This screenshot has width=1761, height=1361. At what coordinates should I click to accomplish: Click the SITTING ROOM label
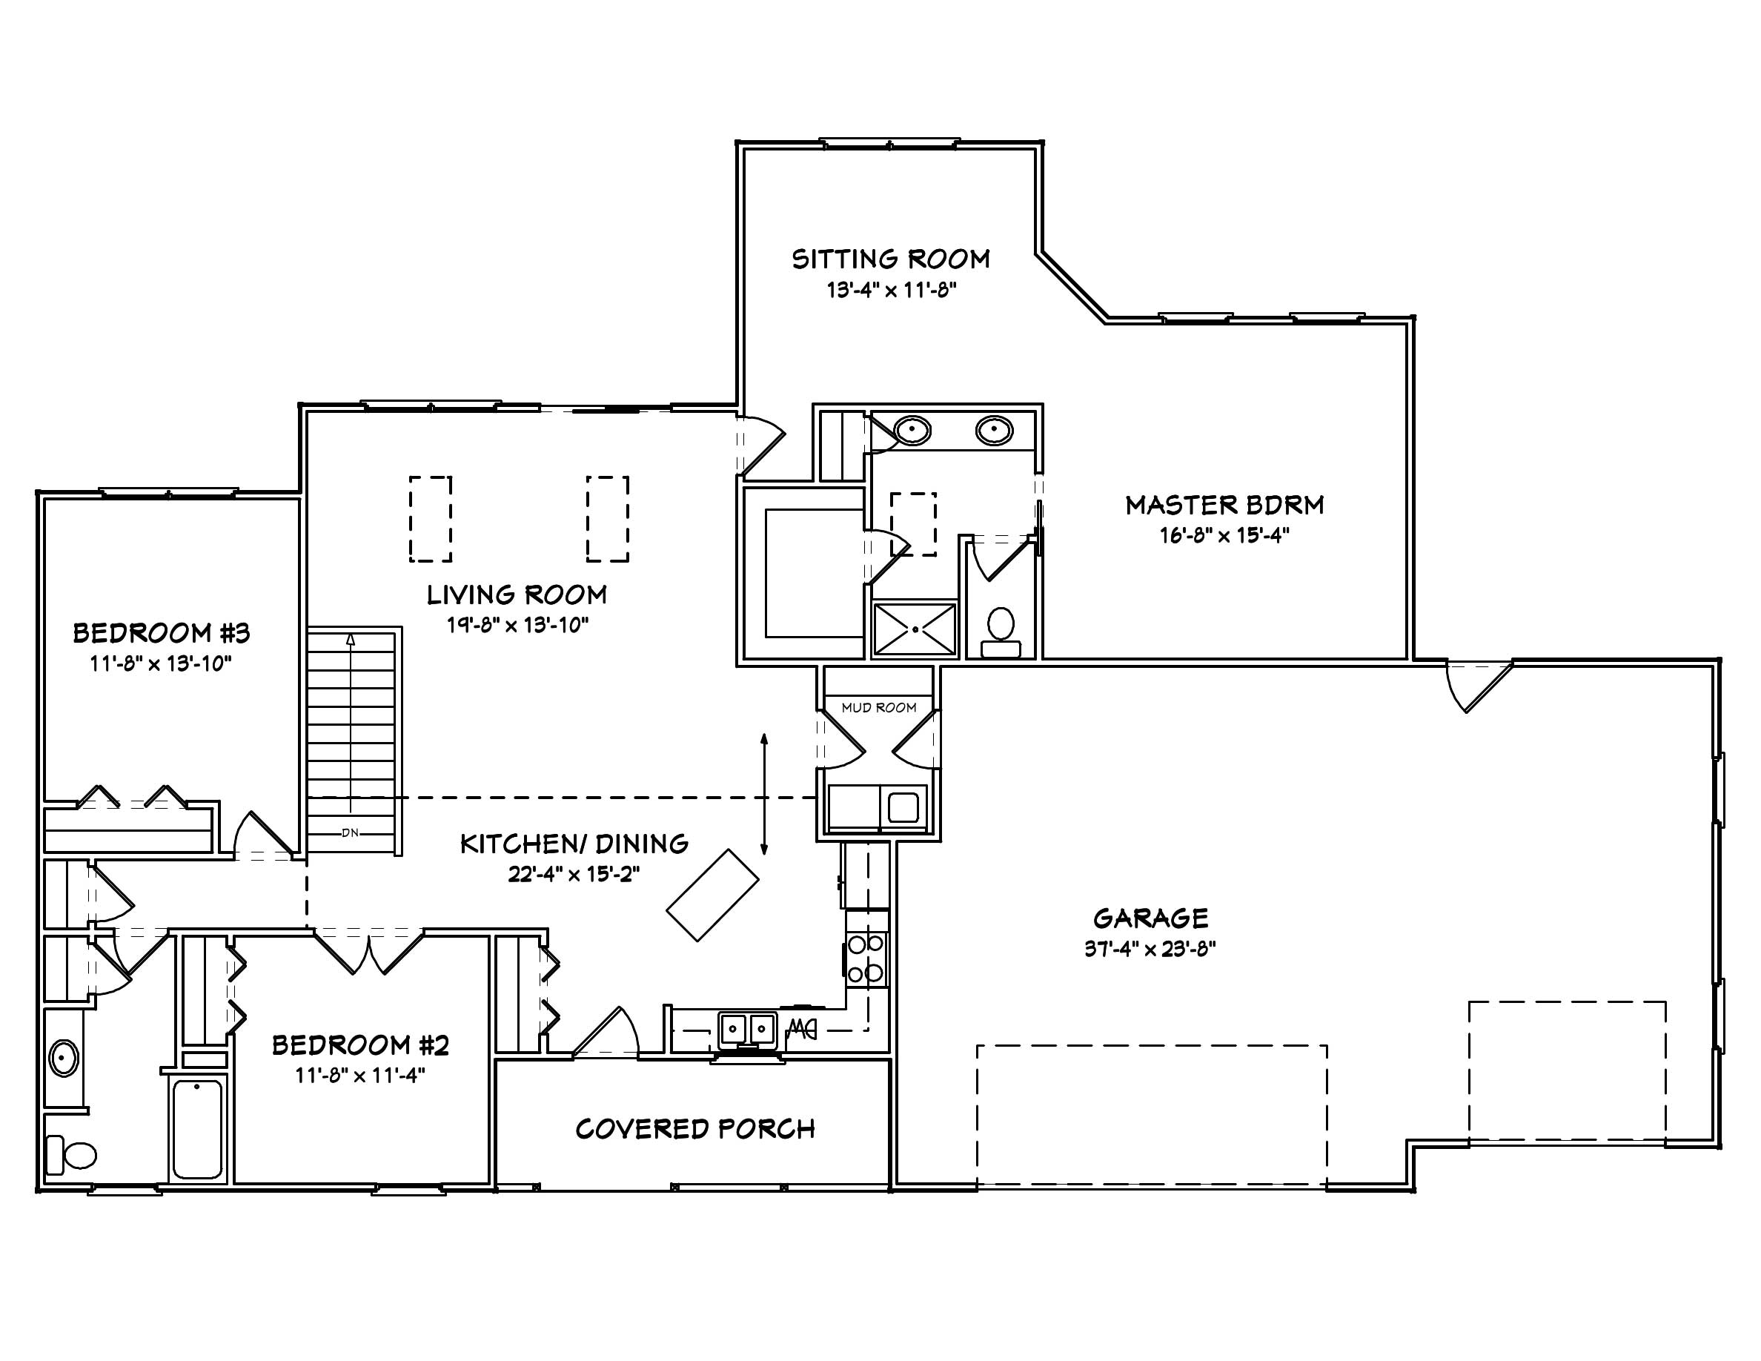click(890, 259)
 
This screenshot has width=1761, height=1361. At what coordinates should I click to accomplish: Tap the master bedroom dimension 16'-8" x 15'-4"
click(1224, 535)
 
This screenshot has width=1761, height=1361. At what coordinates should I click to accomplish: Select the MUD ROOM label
click(879, 708)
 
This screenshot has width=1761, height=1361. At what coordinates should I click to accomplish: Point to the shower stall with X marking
click(915, 628)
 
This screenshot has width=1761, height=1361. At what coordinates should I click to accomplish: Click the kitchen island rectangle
click(712, 895)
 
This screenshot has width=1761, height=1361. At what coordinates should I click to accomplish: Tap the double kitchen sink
click(747, 1029)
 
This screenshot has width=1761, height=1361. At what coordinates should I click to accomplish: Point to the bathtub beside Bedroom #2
click(198, 1129)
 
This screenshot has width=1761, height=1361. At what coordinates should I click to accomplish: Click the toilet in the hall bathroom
click(73, 1155)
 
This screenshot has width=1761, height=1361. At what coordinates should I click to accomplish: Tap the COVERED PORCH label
click(695, 1129)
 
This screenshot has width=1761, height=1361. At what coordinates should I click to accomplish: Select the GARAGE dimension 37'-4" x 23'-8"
click(1150, 948)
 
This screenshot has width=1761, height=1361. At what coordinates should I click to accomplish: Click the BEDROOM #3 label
click(162, 633)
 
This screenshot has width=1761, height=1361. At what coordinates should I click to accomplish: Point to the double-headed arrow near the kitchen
click(764, 793)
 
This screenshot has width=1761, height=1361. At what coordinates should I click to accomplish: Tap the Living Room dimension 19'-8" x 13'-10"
click(517, 625)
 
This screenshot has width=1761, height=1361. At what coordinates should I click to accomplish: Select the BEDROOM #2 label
click(359, 1045)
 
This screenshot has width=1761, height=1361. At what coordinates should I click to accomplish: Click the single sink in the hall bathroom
click(64, 1058)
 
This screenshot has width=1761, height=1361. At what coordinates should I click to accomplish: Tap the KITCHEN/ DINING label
click(574, 844)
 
